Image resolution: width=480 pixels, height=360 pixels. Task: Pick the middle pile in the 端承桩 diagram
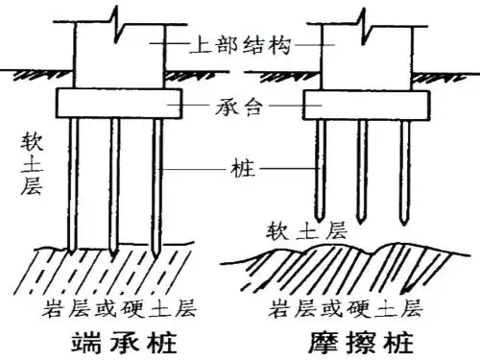click(x=114, y=182)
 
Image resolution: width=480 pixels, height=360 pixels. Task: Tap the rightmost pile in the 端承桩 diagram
click(x=156, y=182)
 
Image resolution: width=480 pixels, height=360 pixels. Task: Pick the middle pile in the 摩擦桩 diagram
click(x=363, y=163)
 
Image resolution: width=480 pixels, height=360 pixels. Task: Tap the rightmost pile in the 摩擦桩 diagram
click(x=403, y=163)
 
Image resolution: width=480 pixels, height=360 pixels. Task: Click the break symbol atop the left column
click(x=116, y=16)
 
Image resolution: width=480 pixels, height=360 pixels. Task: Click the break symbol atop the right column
click(x=362, y=16)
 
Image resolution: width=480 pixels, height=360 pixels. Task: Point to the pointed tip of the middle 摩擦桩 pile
click(x=363, y=218)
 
